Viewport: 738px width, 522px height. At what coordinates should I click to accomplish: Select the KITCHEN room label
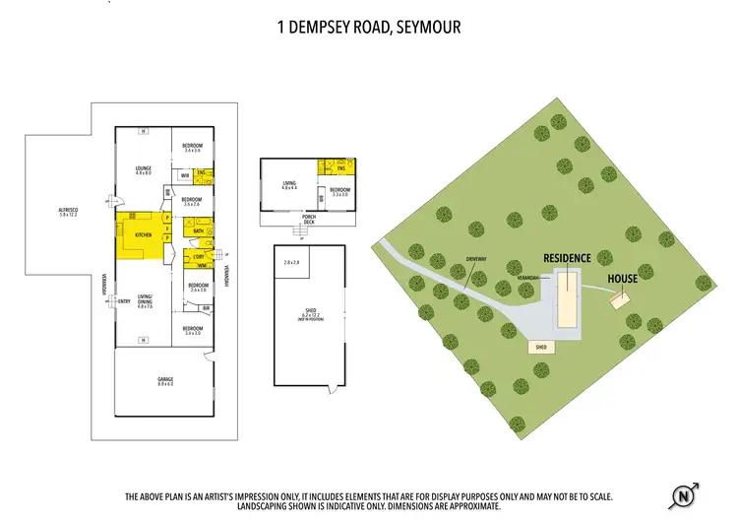click(x=142, y=234)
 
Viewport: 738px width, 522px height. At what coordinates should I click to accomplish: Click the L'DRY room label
click(x=201, y=255)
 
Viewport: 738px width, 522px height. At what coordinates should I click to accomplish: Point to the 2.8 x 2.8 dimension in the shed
click(x=291, y=263)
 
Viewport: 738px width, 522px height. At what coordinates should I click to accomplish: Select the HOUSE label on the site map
click(x=622, y=279)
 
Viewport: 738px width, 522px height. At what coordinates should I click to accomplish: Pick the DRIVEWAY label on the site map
click(x=477, y=259)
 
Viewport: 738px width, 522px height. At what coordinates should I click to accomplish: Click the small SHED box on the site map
click(x=539, y=348)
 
